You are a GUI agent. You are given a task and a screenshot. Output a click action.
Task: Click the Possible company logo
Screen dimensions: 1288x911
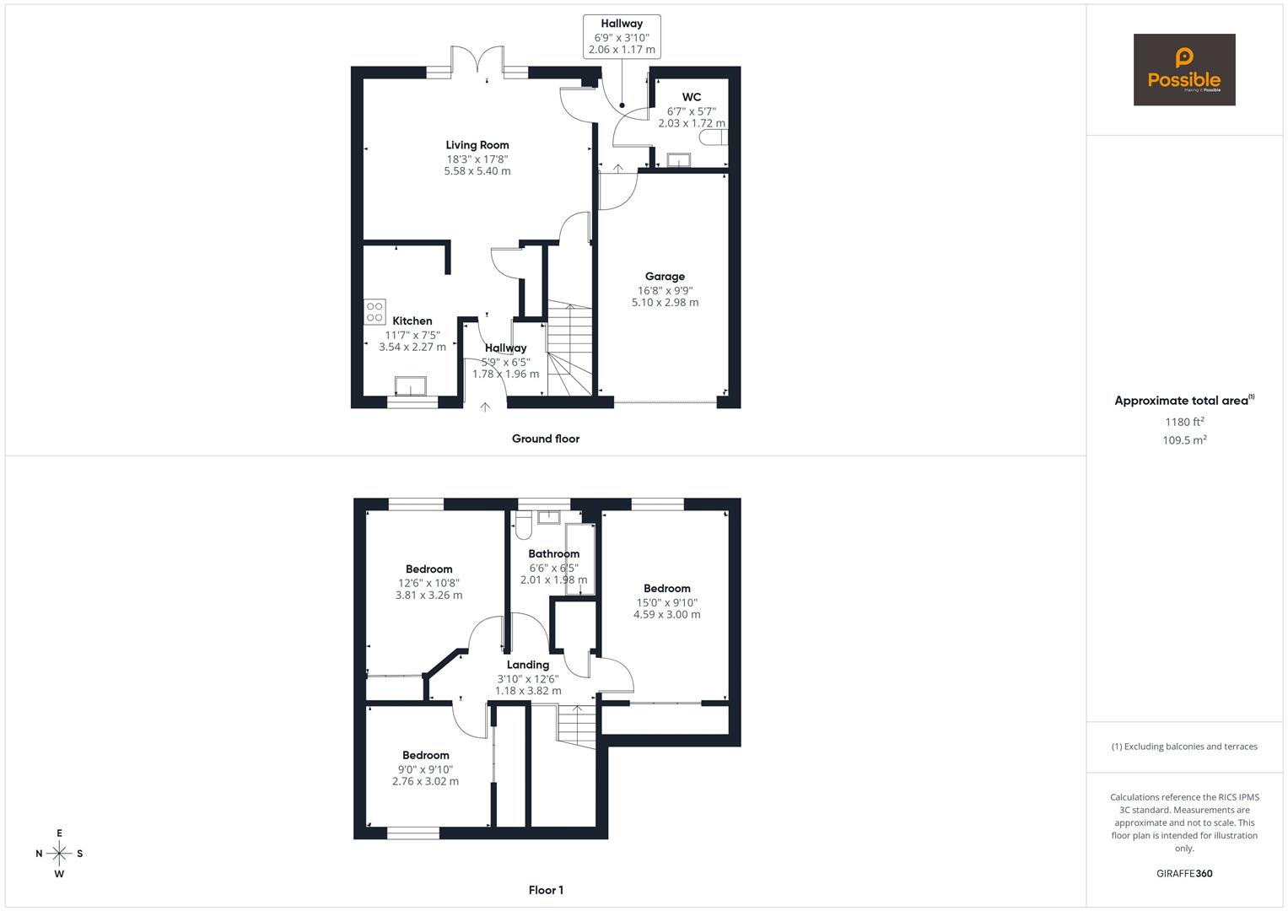point(1184,69)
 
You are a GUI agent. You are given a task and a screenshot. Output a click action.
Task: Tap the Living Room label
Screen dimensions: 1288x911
point(477,145)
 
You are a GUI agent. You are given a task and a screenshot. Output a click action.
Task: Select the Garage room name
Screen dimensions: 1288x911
point(665,277)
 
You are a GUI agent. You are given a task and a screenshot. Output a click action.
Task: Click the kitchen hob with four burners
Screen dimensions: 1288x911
point(375,312)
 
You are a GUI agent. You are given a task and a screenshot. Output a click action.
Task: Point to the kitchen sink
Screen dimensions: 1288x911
point(411,386)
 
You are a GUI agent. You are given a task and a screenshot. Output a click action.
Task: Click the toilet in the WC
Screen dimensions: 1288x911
point(714,137)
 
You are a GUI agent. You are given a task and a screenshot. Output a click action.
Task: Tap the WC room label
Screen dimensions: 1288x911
point(691,97)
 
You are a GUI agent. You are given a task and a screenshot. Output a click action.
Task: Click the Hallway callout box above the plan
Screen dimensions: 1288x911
point(622,37)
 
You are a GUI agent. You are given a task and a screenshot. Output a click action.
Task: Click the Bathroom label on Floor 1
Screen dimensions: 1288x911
point(553,554)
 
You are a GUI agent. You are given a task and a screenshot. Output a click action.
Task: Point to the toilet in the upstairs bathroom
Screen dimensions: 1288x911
point(523,526)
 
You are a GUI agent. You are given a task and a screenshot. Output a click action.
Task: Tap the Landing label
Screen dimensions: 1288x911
point(528,665)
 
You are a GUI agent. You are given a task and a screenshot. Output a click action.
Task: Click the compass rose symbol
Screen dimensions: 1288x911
point(59,854)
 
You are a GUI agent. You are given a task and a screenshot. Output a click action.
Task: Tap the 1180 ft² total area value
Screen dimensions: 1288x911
point(1184,422)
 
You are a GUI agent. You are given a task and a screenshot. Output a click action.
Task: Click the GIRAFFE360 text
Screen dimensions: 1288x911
point(1184,874)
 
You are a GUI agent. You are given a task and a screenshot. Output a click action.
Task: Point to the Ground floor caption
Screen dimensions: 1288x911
point(546,439)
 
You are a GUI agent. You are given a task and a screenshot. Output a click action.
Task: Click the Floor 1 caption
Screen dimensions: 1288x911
point(546,890)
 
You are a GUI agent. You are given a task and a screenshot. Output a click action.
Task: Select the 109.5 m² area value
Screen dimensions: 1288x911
point(1184,440)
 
